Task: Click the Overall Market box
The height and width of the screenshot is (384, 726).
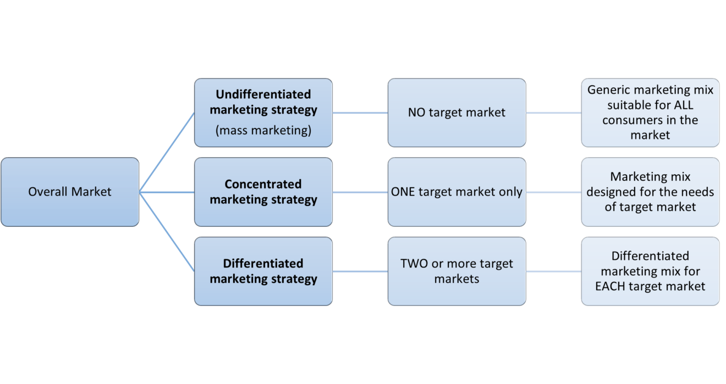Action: point(70,192)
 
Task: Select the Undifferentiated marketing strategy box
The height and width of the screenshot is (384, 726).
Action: point(263,113)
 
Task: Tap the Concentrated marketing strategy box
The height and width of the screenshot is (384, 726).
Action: point(263,192)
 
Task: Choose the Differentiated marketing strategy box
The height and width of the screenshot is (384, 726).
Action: point(263,271)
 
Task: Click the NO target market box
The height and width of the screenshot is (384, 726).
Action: point(457,113)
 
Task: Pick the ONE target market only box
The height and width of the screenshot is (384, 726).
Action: point(457,192)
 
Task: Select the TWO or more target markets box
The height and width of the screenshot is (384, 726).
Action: point(457,271)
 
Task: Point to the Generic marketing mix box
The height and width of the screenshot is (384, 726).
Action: point(650,113)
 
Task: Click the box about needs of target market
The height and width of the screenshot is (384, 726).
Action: point(650,192)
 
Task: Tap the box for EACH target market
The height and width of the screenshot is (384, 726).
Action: point(650,271)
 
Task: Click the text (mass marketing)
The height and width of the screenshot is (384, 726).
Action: point(263,131)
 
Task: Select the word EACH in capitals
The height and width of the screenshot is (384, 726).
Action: point(611,286)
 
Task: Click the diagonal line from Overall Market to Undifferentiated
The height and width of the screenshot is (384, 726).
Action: point(167,152)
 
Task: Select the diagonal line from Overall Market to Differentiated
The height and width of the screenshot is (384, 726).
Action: point(167,231)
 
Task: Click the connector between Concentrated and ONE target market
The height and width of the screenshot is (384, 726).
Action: point(360,192)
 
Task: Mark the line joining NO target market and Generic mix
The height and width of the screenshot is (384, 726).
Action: point(553,113)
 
